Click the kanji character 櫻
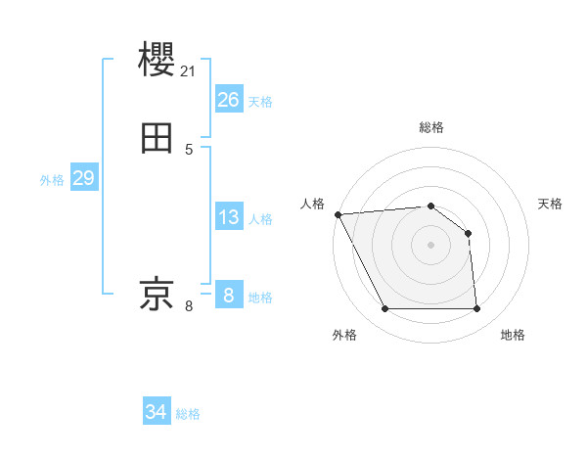(x=158, y=59)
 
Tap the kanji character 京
(x=158, y=293)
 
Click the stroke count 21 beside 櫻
(x=189, y=70)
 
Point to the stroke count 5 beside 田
(x=189, y=150)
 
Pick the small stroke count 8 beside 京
(x=189, y=306)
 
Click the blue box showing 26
(x=228, y=100)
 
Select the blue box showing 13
(x=228, y=217)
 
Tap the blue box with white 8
(x=228, y=296)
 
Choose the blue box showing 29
(x=83, y=178)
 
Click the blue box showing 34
(x=157, y=413)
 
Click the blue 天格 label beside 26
(x=260, y=102)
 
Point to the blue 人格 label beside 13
(x=260, y=219)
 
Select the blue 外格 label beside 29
(x=52, y=180)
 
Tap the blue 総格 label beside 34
(x=188, y=415)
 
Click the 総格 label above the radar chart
(x=430, y=127)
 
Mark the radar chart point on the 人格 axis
(x=338, y=214)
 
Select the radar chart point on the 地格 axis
(x=476, y=309)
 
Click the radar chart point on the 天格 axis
(x=468, y=233)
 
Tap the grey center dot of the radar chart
(x=430, y=245)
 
